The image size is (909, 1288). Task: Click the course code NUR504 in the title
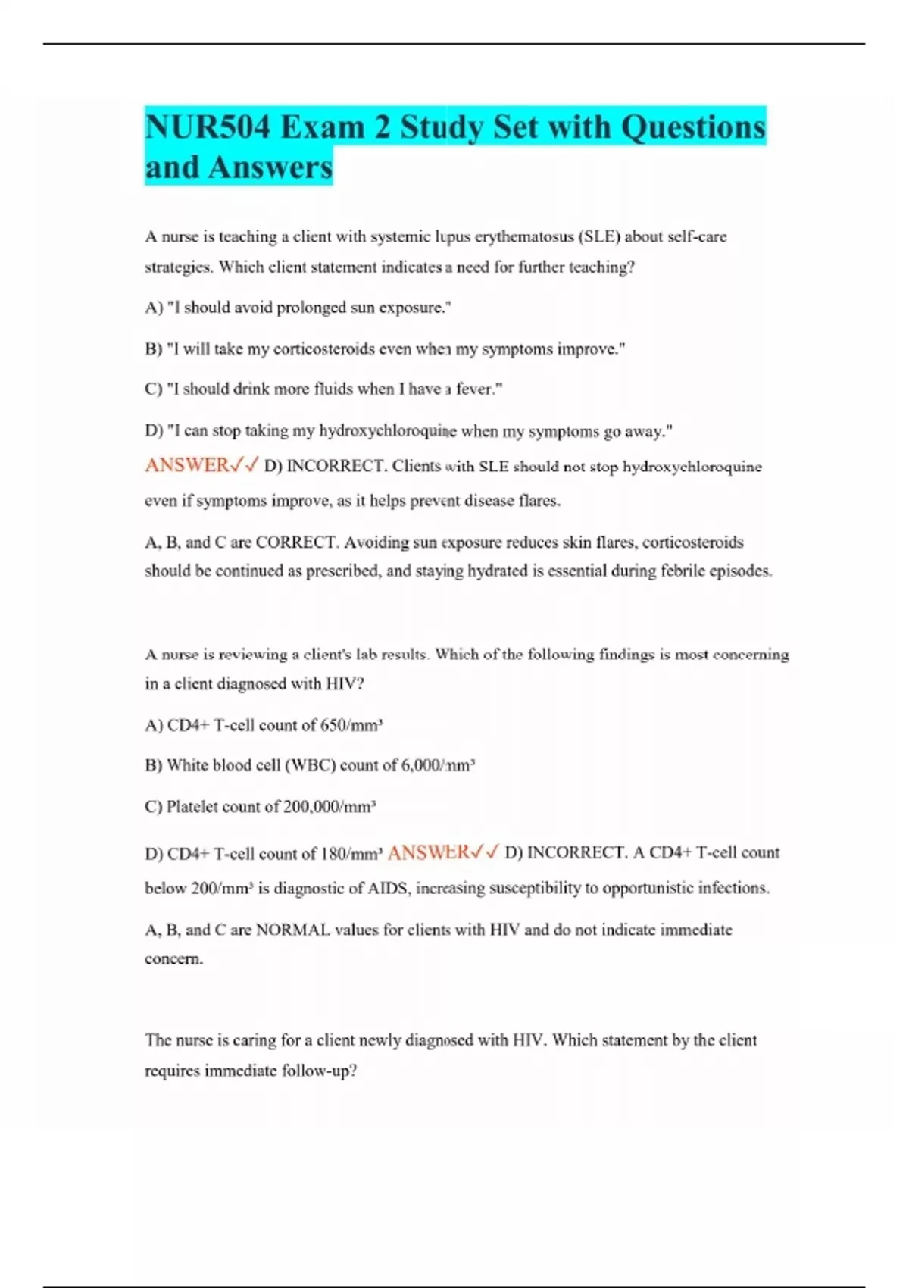pyautogui.click(x=207, y=127)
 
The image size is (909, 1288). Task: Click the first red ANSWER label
pyautogui.click(x=187, y=465)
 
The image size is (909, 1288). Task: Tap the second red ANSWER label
pyautogui.click(x=429, y=853)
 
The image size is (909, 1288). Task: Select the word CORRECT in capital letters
pyautogui.click(x=296, y=542)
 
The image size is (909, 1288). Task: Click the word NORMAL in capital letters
pyautogui.click(x=292, y=930)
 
